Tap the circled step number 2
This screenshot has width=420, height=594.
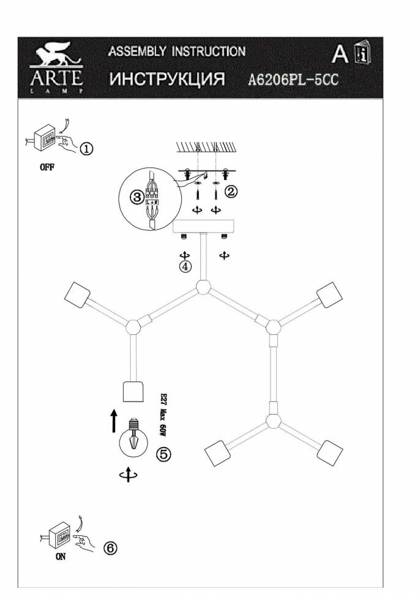[230, 192]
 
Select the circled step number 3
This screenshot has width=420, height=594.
[137, 197]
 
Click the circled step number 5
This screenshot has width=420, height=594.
[163, 454]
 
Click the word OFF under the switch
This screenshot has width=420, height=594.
[47, 169]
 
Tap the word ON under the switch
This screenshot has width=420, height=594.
[59, 558]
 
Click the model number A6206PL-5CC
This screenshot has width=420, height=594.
[294, 79]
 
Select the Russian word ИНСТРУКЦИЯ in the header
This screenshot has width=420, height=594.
[167, 79]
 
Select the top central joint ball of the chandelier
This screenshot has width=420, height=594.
[202, 286]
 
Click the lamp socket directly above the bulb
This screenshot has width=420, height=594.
[133, 391]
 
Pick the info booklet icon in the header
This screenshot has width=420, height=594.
[362, 55]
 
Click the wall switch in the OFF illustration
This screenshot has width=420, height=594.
[45, 139]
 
